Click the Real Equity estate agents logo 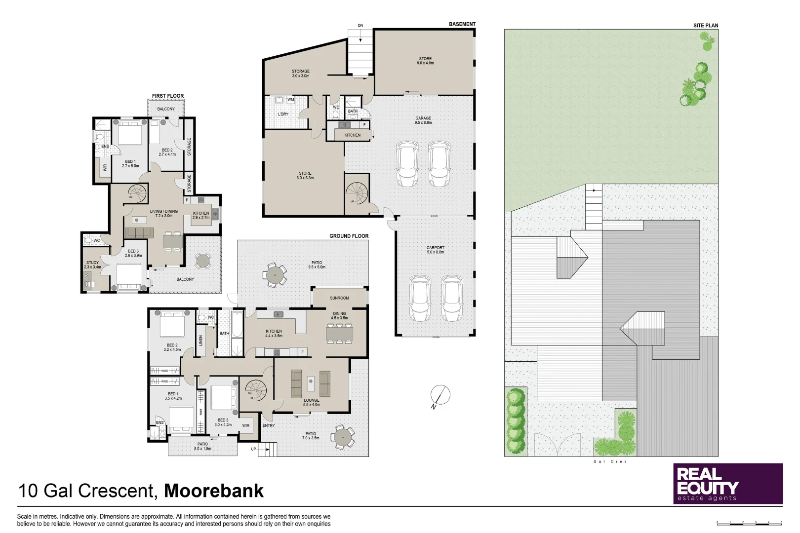click(728, 484)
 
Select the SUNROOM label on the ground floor click(339, 298)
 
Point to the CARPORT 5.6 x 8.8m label click(435, 250)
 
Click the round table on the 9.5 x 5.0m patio click(274, 275)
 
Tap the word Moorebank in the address click(213, 491)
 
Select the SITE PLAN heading click(706, 26)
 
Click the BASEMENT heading click(462, 24)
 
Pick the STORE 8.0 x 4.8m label click(425, 61)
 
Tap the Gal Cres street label click(611, 462)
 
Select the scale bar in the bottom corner click(749, 522)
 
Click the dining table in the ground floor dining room click(339, 334)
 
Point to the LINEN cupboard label click(201, 340)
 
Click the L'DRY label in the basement click(283, 114)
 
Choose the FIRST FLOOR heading click(167, 96)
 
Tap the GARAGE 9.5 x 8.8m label click(423, 120)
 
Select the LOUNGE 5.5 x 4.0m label click(312, 402)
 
